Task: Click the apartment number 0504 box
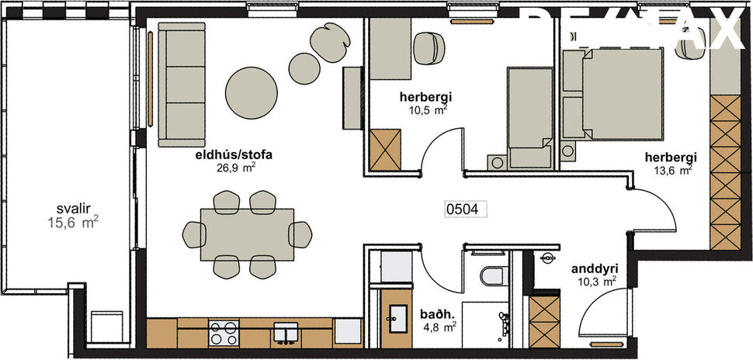465,208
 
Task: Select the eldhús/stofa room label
227,154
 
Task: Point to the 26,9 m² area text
237,166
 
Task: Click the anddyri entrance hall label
594,269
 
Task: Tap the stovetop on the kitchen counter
224,334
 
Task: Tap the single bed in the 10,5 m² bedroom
528,116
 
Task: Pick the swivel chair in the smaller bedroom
428,48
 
